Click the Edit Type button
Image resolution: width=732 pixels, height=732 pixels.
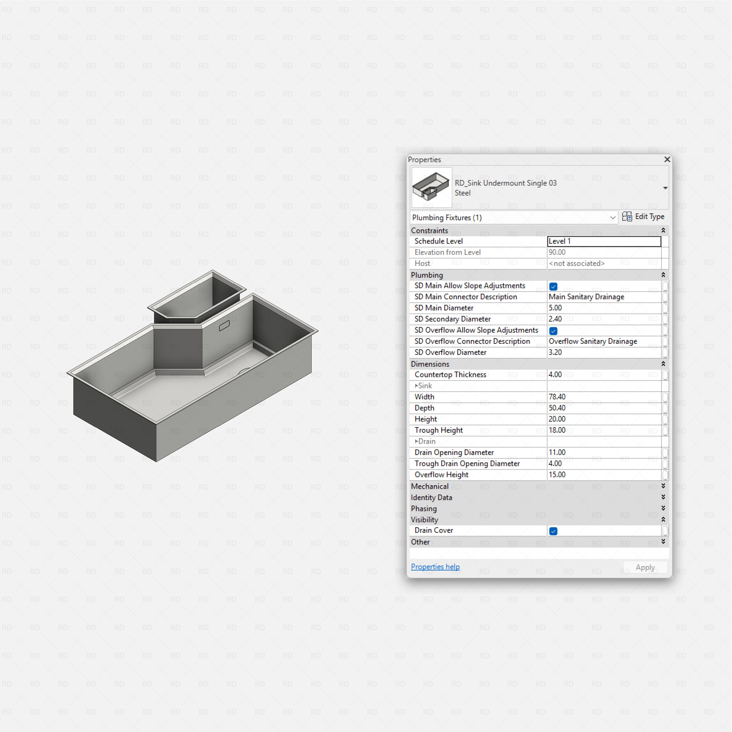[x=643, y=217]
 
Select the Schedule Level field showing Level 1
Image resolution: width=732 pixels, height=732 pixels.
[x=604, y=241]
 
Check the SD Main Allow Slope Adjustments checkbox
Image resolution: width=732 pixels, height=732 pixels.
[x=553, y=286]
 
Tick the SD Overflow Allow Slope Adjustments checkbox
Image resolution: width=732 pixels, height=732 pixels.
[x=553, y=331]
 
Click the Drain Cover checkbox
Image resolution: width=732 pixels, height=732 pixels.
[x=553, y=531]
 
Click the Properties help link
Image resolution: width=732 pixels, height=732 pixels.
[x=435, y=567]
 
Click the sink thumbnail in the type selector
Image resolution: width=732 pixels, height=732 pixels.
[x=431, y=187]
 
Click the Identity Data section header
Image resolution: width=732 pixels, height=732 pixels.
[x=431, y=498]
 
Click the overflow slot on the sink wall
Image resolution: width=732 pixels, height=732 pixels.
[x=224, y=326]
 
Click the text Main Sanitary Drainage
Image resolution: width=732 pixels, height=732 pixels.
[x=586, y=297]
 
